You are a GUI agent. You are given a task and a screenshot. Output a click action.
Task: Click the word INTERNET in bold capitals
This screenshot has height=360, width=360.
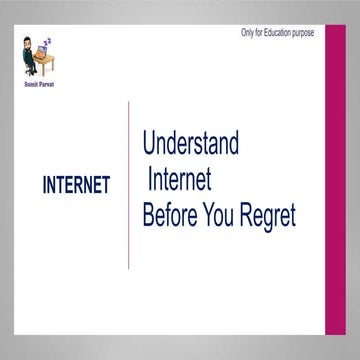pos(76,186)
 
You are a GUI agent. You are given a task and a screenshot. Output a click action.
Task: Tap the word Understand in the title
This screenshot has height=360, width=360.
pos(191,144)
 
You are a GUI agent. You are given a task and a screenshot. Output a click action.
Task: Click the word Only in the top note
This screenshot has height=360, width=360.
pos(248,33)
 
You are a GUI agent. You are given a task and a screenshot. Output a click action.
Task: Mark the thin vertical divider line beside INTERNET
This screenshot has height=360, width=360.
pos(129,184)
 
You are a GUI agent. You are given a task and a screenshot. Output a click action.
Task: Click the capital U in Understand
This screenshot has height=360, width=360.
pos(150,144)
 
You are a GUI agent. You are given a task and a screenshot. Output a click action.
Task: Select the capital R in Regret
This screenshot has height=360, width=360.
pos(248,216)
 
